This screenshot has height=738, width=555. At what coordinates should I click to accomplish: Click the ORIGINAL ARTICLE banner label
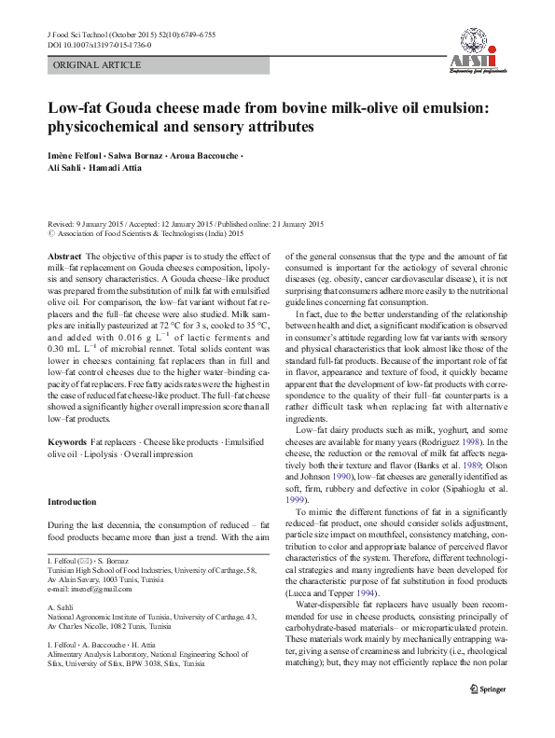point(98,65)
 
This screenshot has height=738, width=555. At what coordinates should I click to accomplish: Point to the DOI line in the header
point(99,45)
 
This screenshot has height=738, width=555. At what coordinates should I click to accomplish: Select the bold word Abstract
point(63,256)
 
